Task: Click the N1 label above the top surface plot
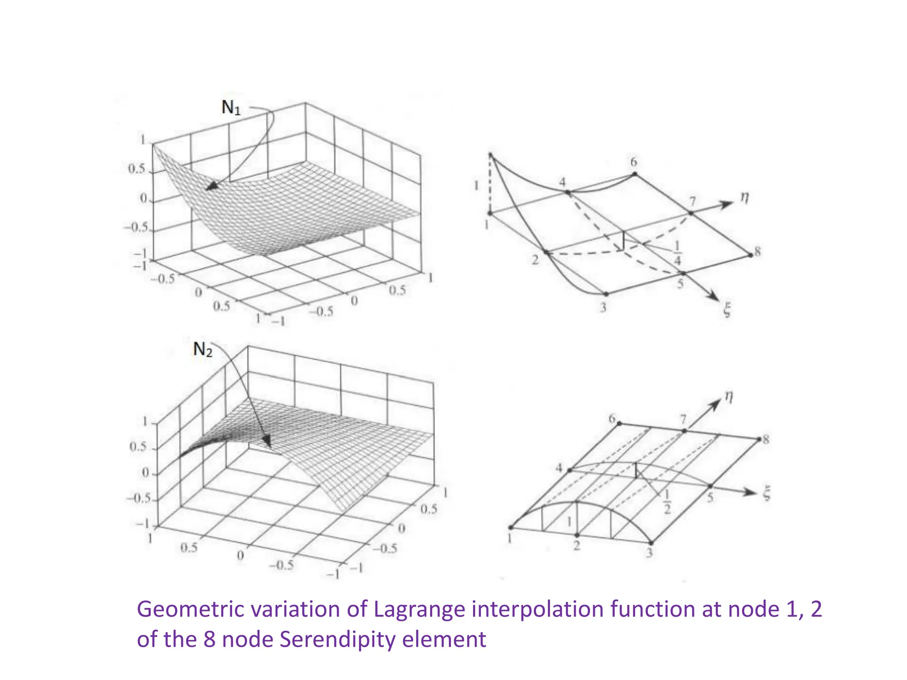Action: (x=231, y=107)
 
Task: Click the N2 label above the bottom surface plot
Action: (x=203, y=350)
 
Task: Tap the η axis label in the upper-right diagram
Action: (x=745, y=198)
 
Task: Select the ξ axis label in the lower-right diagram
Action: (x=767, y=493)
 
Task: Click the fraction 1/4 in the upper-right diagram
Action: (x=677, y=252)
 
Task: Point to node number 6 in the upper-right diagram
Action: (x=634, y=162)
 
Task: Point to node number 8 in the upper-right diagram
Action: (x=758, y=252)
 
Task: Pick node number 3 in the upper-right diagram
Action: (x=603, y=307)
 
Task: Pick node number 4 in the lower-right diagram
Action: (x=560, y=468)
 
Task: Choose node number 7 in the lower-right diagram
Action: (x=683, y=419)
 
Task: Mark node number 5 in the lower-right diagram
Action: (x=710, y=497)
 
